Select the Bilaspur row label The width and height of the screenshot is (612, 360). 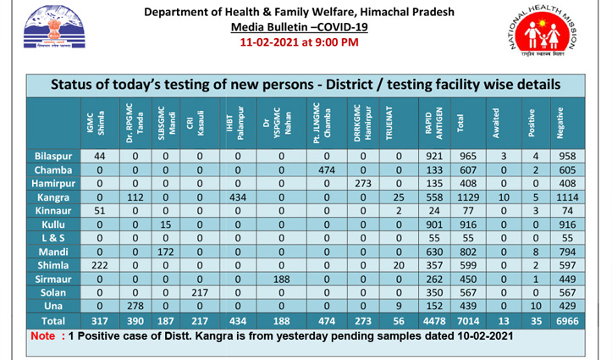tap(53, 157)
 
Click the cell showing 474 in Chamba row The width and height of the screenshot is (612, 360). tap(328, 170)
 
